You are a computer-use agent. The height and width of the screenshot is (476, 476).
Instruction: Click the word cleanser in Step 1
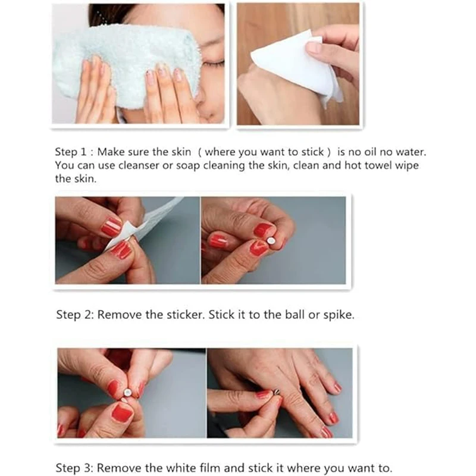139,165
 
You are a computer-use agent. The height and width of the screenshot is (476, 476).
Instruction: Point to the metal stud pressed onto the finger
278,393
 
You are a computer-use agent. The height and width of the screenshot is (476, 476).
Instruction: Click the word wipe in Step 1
408,166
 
